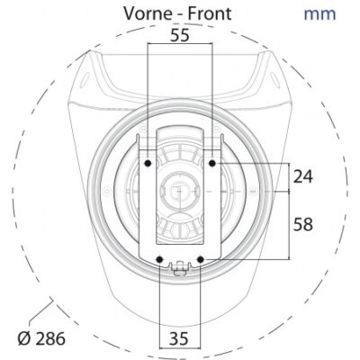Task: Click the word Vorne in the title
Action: click(148, 13)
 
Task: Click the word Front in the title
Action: click(209, 13)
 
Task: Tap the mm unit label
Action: click(319, 14)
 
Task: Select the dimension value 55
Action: click(180, 35)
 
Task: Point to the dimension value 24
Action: click(303, 176)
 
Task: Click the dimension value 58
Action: click(303, 224)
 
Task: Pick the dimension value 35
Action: click(179, 339)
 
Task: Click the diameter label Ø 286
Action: click(41, 339)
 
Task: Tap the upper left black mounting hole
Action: click(148, 163)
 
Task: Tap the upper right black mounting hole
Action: click(212, 163)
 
